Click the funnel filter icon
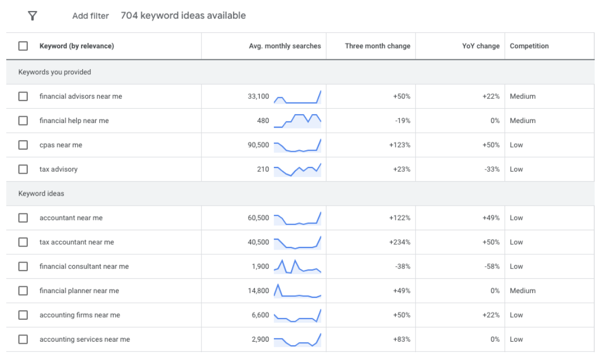coord(32,16)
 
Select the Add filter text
coord(91,16)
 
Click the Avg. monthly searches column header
coord(285,46)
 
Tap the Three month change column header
coord(377,46)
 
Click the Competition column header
coord(529,46)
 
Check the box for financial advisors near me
coord(23,96)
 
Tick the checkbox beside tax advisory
coord(23,169)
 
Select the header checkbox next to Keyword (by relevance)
coord(23,46)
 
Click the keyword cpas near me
coord(61,145)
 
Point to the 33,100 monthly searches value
coord(259,96)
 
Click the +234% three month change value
coord(400,242)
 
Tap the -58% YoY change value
coord(492,266)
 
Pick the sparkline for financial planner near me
coord(297,291)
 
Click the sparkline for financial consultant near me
coord(297,266)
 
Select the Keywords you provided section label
coord(54,72)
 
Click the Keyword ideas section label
coord(41,194)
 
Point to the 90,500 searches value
coord(259,145)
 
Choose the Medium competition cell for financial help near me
coord(522,121)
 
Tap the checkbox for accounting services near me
coord(23,339)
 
